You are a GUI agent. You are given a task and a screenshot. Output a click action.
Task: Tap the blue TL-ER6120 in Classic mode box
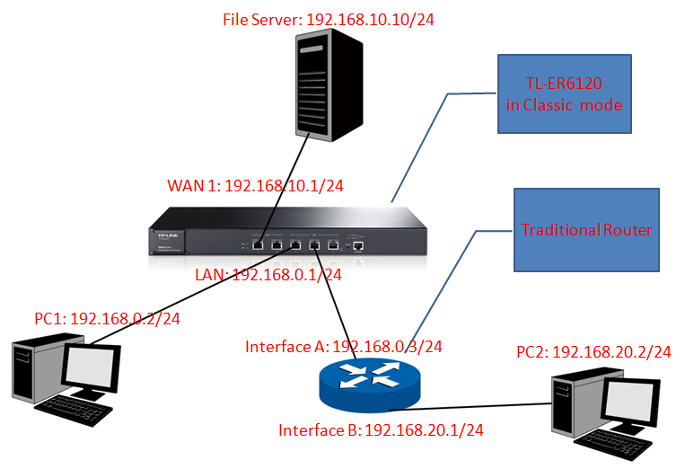[564, 94]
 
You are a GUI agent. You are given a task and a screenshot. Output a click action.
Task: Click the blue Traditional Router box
[586, 230]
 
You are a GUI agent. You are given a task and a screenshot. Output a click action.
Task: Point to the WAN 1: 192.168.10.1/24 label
[256, 186]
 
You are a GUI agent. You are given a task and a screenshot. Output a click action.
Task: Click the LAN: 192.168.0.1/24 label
[268, 275]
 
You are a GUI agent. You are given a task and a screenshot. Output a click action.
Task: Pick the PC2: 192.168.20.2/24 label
[593, 351]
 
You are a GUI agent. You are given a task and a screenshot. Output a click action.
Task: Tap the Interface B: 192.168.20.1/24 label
[381, 430]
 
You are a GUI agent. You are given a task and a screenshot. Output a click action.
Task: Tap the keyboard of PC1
[72, 412]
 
